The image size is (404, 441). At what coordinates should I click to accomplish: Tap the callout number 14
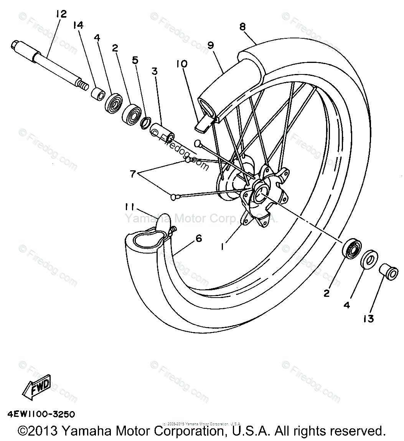click(78, 26)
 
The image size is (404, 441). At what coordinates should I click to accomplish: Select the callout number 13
click(368, 318)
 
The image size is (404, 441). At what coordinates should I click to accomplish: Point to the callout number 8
click(242, 27)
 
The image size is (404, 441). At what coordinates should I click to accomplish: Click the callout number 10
click(182, 64)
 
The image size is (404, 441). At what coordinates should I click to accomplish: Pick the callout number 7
click(133, 174)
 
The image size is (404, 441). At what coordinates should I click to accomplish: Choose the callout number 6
click(198, 238)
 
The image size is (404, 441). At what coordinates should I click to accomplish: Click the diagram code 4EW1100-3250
click(40, 415)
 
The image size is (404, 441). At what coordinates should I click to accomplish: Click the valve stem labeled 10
click(204, 123)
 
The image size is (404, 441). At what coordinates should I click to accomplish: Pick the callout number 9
click(210, 45)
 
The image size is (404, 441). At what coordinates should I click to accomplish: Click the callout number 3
click(154, 71)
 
